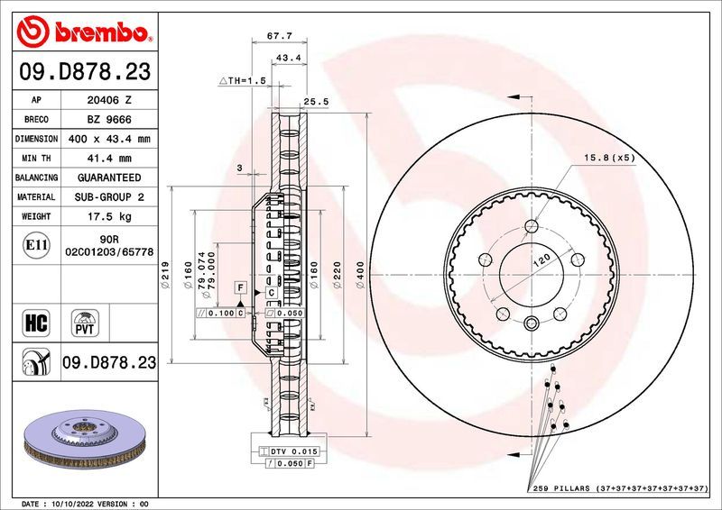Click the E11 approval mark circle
point(37,244)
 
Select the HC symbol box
point(37,322)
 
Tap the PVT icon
point(87,322)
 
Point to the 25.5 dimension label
point(315,102)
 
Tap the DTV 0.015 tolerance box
point(288,450)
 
